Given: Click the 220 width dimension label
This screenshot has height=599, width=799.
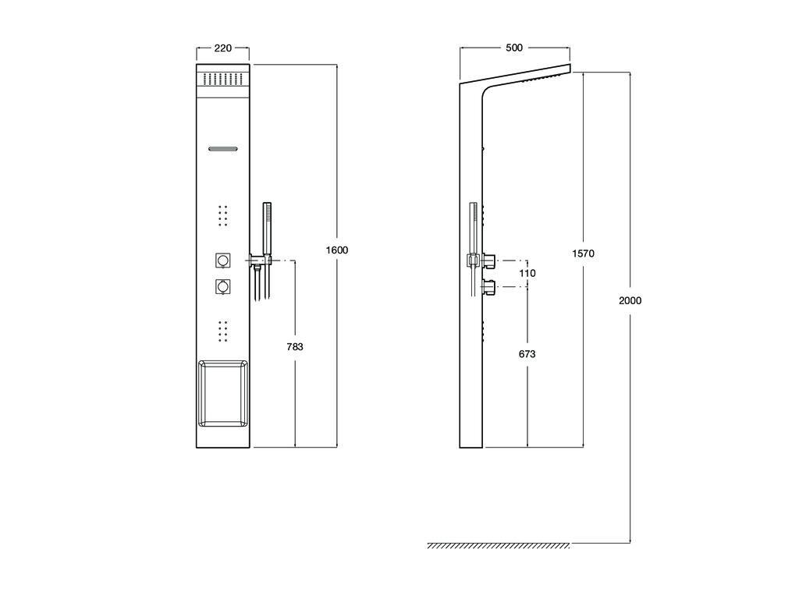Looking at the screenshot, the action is [x=222, y=48].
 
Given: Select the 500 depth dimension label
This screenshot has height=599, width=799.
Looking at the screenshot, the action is [x=514, y=48].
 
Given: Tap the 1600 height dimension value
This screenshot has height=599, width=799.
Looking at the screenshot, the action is [x=337, y=250].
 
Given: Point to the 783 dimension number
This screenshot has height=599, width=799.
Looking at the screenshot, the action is [x=294, y=347].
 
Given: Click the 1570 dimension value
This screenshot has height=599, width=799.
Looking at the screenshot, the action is [x=583, y=253].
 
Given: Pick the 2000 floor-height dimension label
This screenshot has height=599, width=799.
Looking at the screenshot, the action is [x=630, y=300].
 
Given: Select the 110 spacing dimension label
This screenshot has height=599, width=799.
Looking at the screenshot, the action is [x=527, y=274].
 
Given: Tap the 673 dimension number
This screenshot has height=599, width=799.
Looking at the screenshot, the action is [x=527, y=354].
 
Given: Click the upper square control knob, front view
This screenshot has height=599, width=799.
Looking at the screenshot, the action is [x=222, y=261].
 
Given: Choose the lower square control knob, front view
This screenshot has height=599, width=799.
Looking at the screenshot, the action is [x=222, y=286].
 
